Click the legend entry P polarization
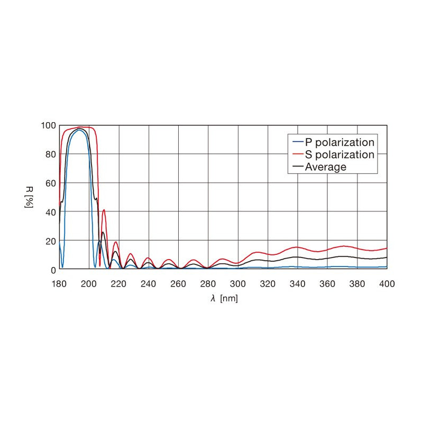click(x=339, y=142)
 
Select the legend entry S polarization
click(x=339, y=154)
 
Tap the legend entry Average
click(x=326, y=167)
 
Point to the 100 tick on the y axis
click(x=48, y=126)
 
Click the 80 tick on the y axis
click(x=50, y=154)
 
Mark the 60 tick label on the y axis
click(x=50, y=183)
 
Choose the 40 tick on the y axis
click(x=50, y=212)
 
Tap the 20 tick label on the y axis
click(x=50, y=241)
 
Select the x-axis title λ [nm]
click(x=224, y=299)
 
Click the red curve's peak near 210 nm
click(x=104, y=210)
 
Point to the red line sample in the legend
click(x=298, y=154)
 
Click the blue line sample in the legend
click(x=298, y=142)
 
